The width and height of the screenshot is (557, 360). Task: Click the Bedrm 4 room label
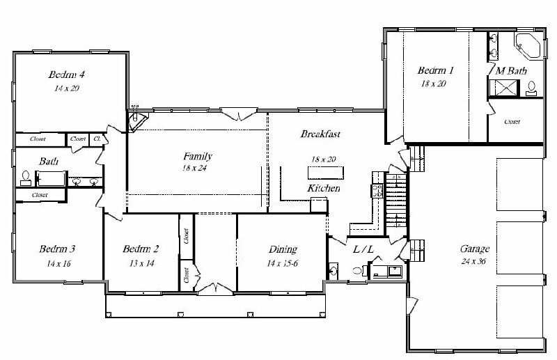66,75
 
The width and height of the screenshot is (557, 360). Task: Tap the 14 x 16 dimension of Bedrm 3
58,263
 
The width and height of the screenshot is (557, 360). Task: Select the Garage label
475,249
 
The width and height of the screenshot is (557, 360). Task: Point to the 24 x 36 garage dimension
473,262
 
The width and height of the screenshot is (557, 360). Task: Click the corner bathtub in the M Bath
528,45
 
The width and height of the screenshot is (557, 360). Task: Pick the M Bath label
511,71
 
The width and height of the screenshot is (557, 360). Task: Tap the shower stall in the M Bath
503,88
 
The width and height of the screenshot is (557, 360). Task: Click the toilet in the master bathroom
531,88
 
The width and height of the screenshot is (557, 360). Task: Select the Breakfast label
320,134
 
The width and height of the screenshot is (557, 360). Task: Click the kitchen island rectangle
325,173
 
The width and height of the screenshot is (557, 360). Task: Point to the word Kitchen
324,188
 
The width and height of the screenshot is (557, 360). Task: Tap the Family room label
198,157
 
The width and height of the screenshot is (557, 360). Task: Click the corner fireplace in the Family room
137,122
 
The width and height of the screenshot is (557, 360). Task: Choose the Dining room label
283,249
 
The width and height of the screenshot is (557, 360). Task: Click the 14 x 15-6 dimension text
283,263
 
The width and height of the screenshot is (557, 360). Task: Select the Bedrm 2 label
141,249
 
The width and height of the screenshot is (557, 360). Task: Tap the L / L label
363,249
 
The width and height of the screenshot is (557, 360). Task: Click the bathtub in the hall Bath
51,179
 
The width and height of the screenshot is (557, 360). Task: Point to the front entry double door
215,288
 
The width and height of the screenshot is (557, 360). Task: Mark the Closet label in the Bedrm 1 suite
512,122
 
